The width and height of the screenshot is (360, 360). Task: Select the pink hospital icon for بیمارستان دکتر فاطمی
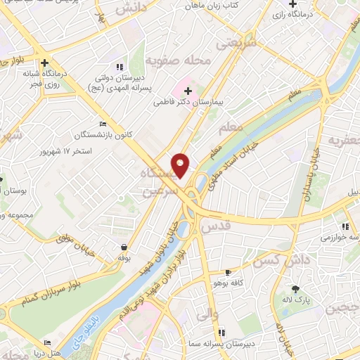tap(187, 90)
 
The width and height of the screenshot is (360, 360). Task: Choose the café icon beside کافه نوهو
tap(227, 271)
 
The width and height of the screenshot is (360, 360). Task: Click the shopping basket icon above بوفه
tap(125, 247)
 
